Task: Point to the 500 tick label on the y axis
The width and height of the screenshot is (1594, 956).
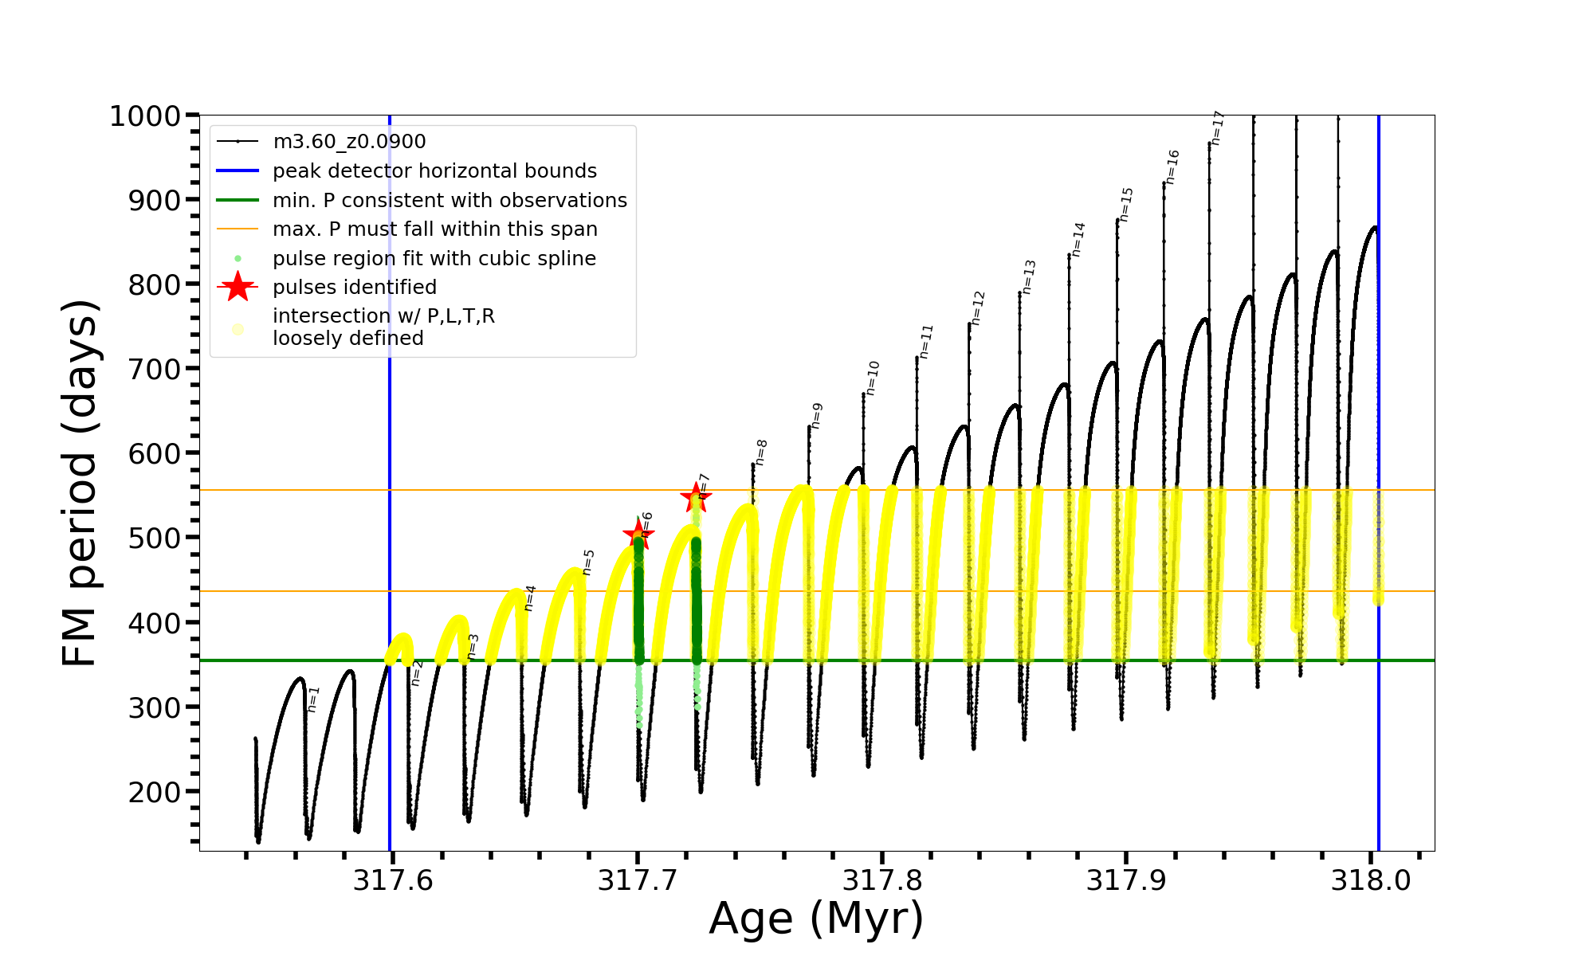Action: (x=155, y=538)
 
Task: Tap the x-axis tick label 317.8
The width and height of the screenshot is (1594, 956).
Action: (x=881, y=880)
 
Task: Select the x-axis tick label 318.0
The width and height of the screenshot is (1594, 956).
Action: (x=1371, y=880)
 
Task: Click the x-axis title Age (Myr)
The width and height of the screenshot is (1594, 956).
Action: (x=816, y=919)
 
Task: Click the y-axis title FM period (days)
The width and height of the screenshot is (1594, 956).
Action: (x=80, y=483)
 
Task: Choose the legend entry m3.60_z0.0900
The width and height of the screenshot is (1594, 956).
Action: (x=349, y=142)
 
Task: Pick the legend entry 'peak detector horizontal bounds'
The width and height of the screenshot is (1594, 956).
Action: (x=434, y=171)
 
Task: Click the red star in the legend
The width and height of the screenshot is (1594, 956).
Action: (x=238, y=287)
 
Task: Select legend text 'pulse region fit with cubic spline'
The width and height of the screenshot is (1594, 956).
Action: (x=434, y=259)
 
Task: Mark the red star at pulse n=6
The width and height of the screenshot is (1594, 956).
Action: (x=638, y=535)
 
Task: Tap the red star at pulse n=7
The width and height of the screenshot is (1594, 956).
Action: (x=696, y=498)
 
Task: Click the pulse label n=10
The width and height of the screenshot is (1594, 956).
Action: (x=873, y=378)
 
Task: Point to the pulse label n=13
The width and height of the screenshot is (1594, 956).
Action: (x=1029, y=276)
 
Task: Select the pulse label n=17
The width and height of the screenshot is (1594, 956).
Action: (x=1217, y=127)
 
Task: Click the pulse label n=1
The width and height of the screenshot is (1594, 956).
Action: (x=313, y=699)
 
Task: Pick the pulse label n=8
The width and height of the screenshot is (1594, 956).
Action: (x=761, y=452)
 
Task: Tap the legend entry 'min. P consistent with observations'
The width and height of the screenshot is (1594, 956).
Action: (x=450, y=201)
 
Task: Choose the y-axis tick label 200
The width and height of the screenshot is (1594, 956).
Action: (x=155, y=792)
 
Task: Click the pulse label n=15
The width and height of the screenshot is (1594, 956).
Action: (x=1125, y=204)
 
